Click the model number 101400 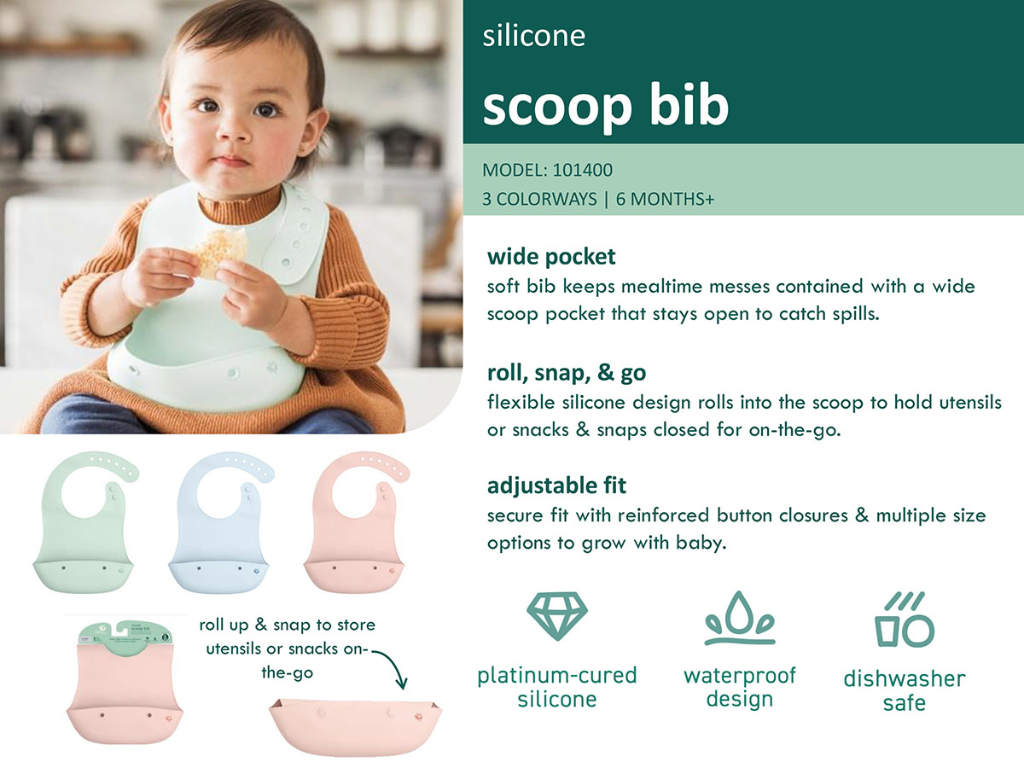point(583,170)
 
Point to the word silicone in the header point(533,37)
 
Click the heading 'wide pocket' point(551,256)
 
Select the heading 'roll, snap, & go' point(567,373)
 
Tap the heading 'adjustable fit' point(556,486)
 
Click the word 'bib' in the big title point(680,106)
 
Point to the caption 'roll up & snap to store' point(287,625)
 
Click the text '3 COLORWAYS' point(539,200)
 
